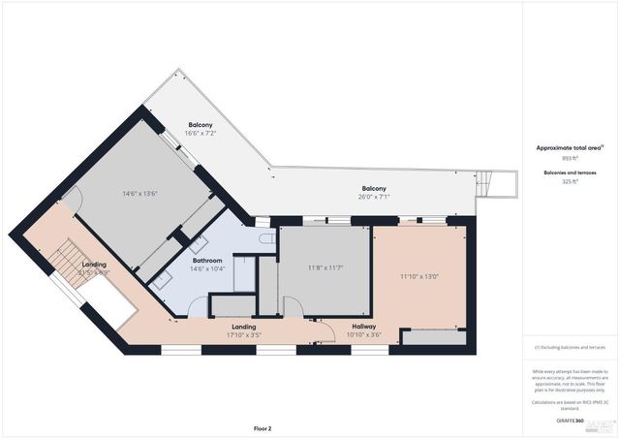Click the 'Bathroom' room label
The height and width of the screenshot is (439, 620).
pyautogui.click(x=207, y=261)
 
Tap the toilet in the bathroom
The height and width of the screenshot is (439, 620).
pyautogui.click(x=266, y=236)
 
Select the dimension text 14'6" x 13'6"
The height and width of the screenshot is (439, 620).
pyautogui.click(x=139, y=194)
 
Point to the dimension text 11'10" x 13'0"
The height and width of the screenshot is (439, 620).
pyautogui.click(x=419, y=276)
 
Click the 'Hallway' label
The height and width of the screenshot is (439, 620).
pyautogui.click(x=363, y=327)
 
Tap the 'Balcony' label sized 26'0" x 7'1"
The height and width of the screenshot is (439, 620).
pyautogui.click(x=374, y=188)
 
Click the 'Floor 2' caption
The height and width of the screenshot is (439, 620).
pyautogui.click(x=263, y=427)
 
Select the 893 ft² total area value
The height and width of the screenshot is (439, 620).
pyautogui.click(x=570, y=157)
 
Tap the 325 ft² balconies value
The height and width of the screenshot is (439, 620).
pyautogui.click(x=570, y=181)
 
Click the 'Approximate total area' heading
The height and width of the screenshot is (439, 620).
pyautogui.click(x=568, y=147)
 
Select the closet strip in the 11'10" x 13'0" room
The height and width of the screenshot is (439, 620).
pyautogui.click(x=432, y=338)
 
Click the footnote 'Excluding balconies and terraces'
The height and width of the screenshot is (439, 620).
pyautogui.click(x=570, y=347)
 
